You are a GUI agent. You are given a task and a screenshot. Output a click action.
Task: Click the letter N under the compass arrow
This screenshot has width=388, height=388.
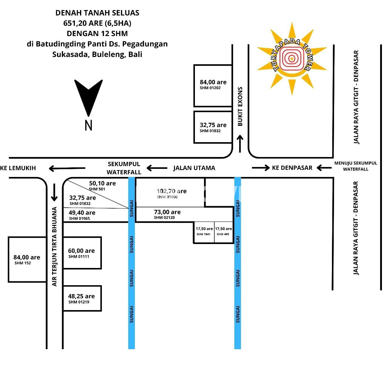(89, 125)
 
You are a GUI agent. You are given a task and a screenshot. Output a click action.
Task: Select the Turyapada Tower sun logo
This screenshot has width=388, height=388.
(292, 59)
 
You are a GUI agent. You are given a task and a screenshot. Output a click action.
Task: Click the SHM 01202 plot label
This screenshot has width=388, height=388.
(210, 88)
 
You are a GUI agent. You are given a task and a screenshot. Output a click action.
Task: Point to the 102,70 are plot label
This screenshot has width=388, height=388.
(172, 191)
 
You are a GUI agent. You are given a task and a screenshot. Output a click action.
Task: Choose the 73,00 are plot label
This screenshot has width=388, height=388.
(167, 212)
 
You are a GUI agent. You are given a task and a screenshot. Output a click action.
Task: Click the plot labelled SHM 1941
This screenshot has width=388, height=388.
(204, 232)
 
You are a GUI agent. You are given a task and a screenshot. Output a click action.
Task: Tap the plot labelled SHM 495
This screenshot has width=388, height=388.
(224, 232)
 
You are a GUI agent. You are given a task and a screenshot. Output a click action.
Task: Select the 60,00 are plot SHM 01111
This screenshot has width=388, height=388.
(82, 253)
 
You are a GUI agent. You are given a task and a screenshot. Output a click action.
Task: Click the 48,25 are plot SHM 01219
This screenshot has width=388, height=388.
(82, 298)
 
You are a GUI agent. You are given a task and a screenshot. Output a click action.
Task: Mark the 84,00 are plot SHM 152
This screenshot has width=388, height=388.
(27, 260)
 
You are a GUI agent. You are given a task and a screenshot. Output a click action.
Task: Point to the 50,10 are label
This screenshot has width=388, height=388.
(102, 183)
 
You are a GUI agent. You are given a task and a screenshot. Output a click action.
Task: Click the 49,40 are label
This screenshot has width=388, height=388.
(82, 212)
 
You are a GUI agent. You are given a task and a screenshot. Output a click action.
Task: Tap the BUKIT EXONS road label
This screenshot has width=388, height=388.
(240, 106)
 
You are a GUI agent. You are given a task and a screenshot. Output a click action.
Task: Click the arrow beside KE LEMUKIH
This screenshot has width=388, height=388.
(67, 168)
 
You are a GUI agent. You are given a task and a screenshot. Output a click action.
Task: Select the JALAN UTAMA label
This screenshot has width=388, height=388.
(194, 168)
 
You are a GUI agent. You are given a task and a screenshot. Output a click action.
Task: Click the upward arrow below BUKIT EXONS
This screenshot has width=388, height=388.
(240, 144)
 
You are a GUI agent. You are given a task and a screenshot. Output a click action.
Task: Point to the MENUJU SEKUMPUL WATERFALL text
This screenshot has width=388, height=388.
(356, 166)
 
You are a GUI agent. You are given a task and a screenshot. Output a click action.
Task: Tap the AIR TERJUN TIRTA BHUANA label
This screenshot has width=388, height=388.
(54, 246)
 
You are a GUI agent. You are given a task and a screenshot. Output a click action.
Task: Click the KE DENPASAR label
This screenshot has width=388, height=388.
(292, 168)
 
